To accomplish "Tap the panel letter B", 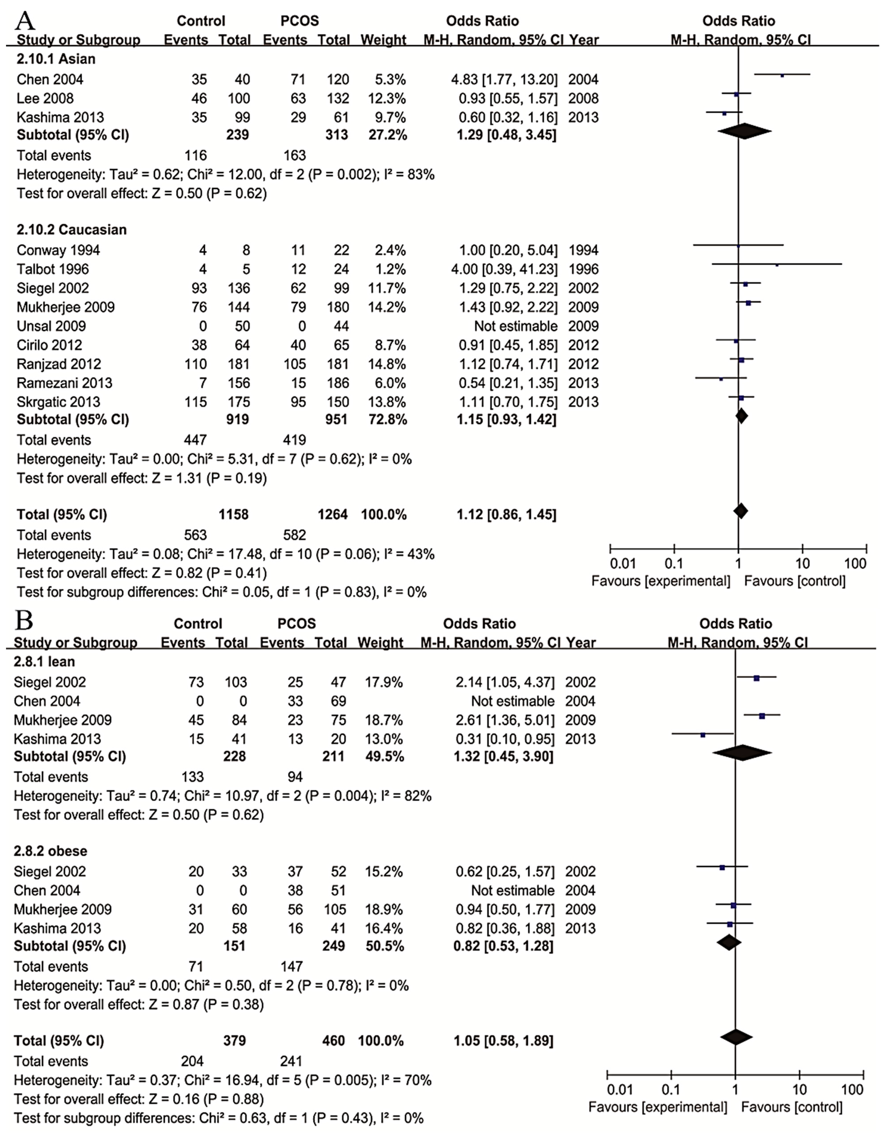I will (x=24, y=621).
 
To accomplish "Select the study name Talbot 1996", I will (x=52, y=269).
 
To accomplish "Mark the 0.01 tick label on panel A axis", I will (x=622, y=564).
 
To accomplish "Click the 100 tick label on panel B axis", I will (x=853, y=1089).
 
